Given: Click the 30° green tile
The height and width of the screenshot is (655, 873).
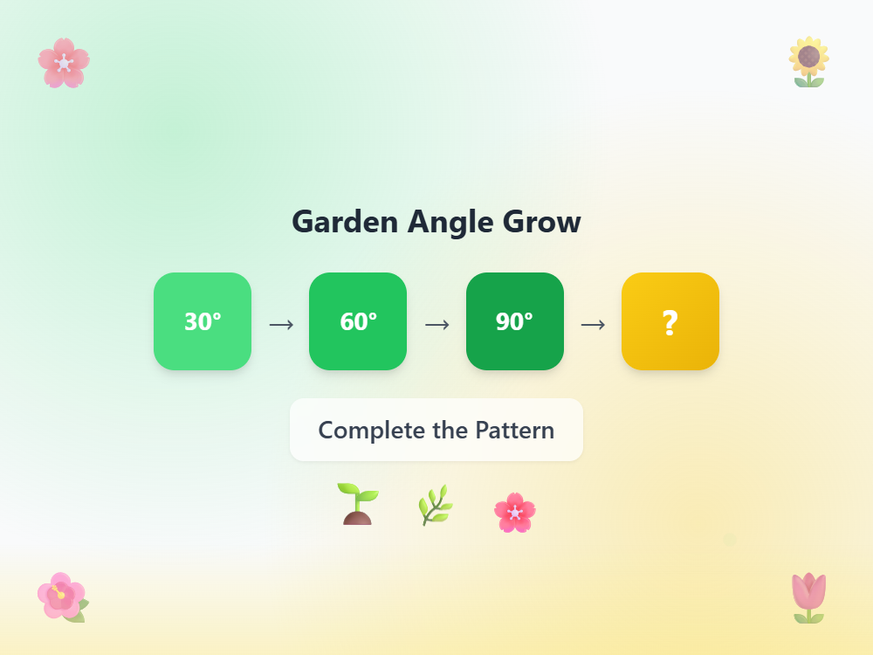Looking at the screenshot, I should pos(203,321).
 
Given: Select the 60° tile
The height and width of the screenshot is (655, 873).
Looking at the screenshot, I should pos(358,321).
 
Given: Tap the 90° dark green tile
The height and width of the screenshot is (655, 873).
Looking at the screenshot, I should pos(514,321).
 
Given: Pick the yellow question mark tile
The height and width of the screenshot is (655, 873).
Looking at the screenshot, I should pos(670,321).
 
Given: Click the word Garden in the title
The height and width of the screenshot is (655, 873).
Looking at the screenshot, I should pos(346,222).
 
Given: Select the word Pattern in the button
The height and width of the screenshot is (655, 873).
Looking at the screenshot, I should pos(514,430).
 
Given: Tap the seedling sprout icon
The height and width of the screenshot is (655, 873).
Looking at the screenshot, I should pos(358,504).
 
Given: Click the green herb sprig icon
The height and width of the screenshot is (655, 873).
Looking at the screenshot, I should pos(435,505).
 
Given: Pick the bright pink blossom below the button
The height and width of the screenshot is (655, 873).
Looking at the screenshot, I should pos(514,512).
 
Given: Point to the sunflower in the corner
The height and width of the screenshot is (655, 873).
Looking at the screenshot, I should pos(809,62).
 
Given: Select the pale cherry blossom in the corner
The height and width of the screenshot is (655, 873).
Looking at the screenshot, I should pos(64,63).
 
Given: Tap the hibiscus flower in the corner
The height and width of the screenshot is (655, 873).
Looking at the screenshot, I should pos(62,596).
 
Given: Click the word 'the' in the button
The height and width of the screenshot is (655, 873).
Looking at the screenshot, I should pos(450,430).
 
